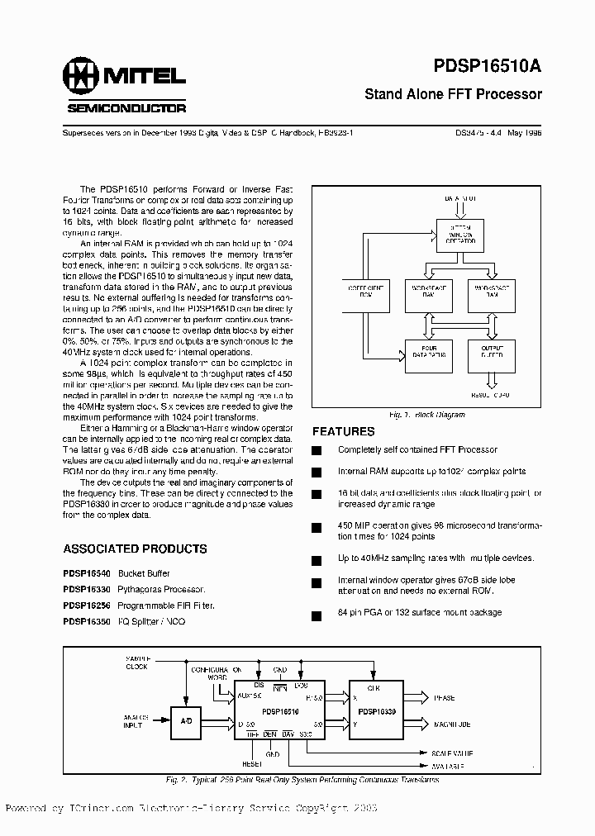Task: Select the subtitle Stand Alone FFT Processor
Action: coord(453,94)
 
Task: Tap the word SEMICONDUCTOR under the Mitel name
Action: coord(126,108)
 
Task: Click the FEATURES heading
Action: coord(343,431)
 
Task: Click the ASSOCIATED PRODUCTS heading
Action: coord(135,549)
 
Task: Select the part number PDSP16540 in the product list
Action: coord(85,572)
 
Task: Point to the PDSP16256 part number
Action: coord(85,606)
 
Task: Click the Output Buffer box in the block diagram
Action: coord(491,353)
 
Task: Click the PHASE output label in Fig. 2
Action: coord(444,698)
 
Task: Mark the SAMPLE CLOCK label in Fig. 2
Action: coord(138,663)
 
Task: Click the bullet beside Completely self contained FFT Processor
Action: coord(315,450)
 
